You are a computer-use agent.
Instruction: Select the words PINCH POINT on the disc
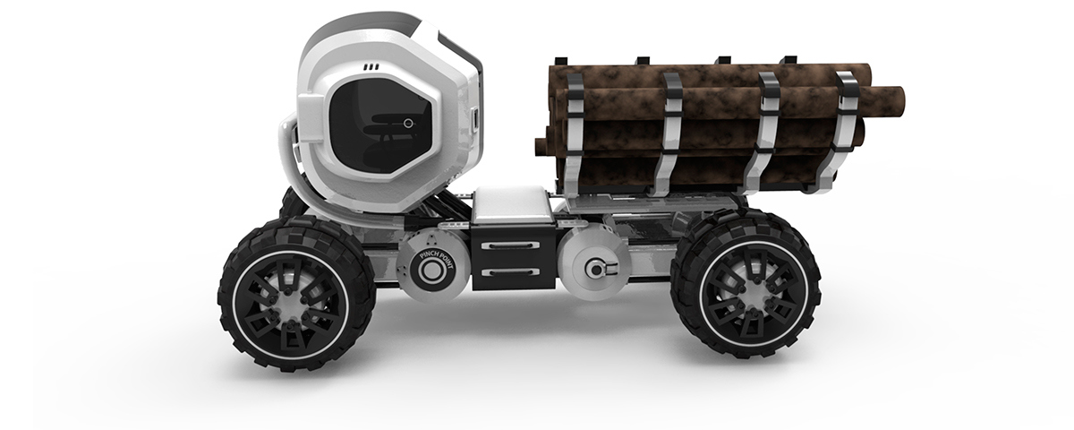(432, 257)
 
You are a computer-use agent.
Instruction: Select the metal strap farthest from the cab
(843, 130)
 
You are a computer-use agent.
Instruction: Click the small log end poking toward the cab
(541, 146)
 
